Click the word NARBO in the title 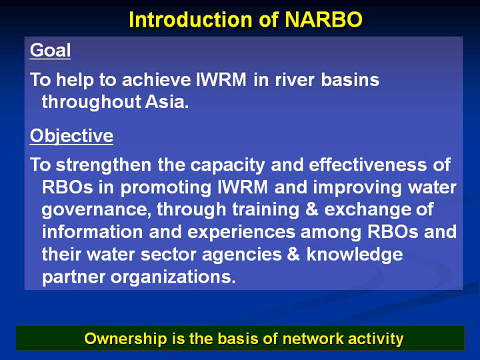click(323, 20)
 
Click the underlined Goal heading click(51, 50)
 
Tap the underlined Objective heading click(71, 135)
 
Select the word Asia click(167, 101)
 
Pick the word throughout click(91, 102)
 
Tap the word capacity click(228, 165)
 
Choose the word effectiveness click(367, 165)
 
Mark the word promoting click(165, 187)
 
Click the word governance click(97, 210)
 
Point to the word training click(266, 210)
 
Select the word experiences click(241, 233)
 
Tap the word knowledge click(355, 255)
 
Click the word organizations click(173, 277)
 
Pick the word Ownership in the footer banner click(125, 339)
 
